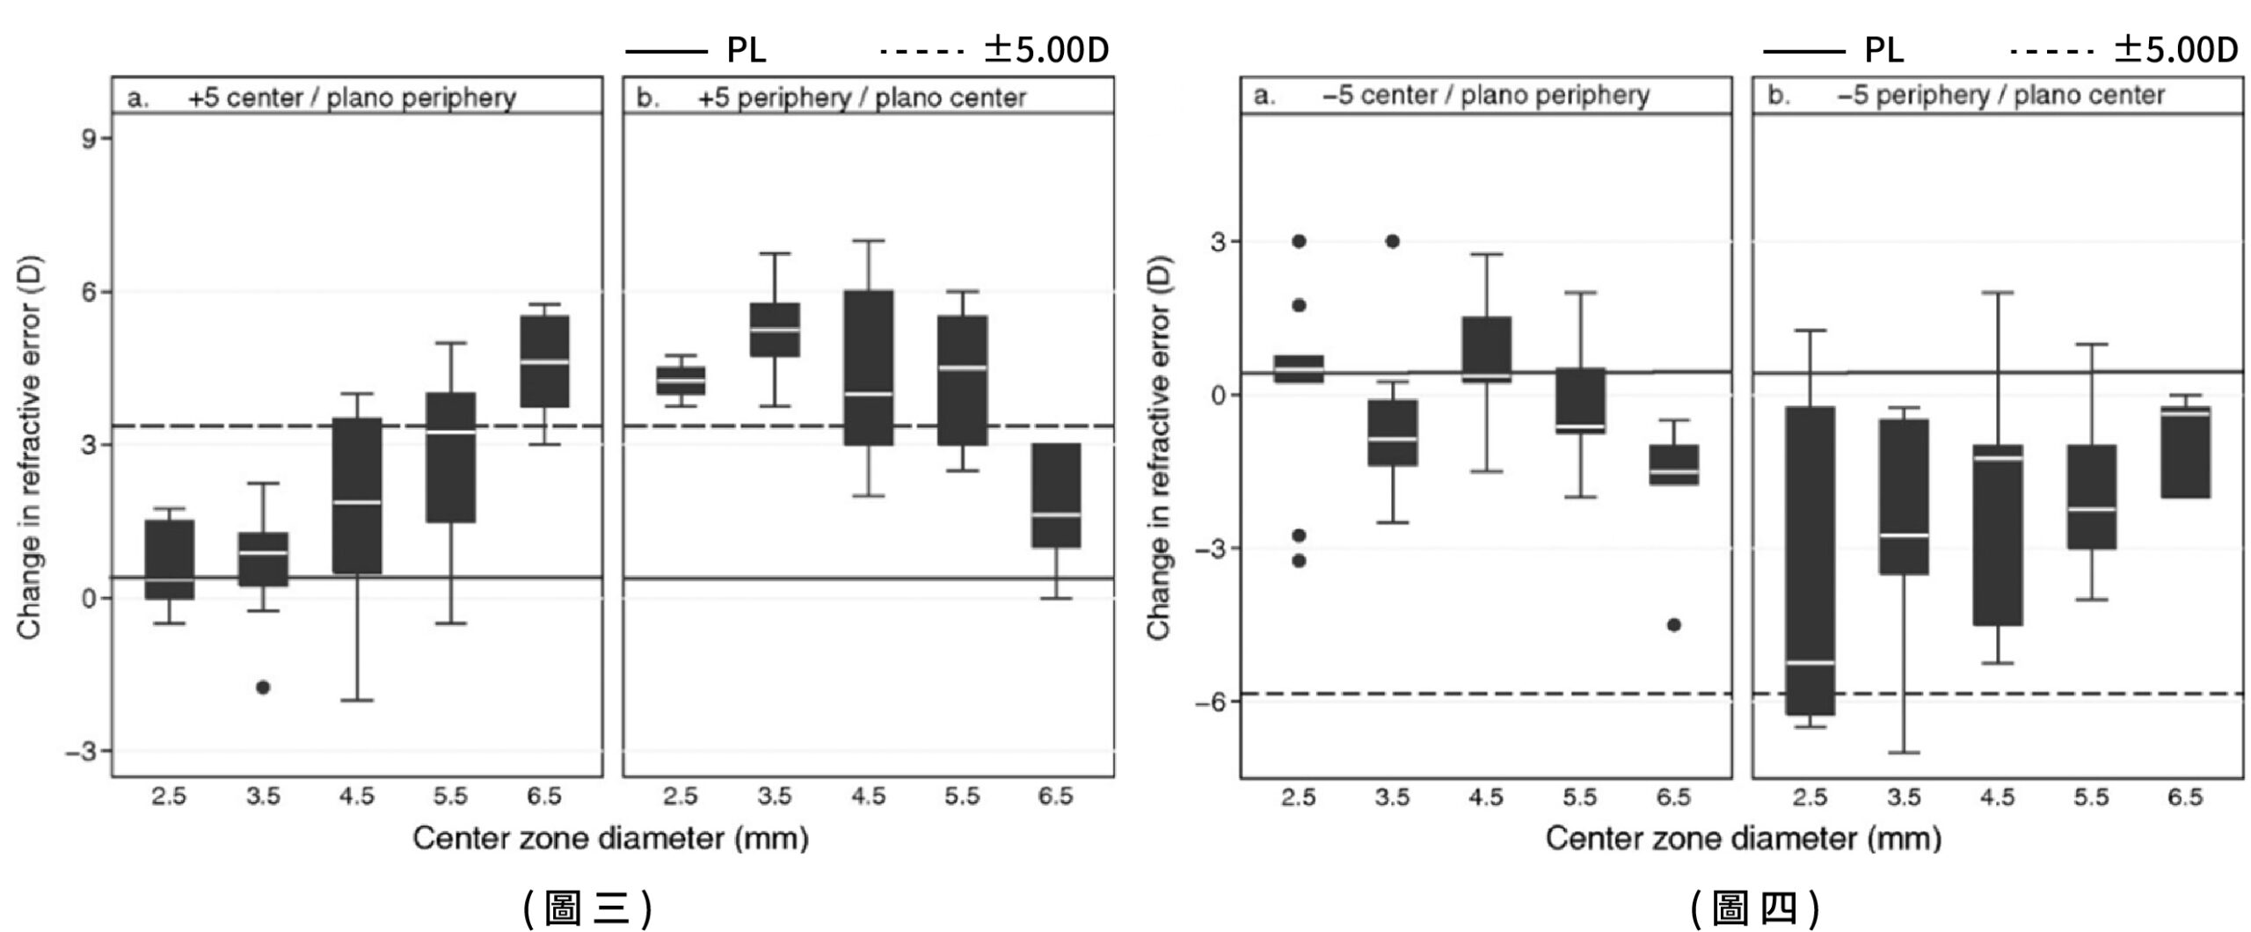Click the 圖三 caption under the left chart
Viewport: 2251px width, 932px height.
click(x=587, y=907)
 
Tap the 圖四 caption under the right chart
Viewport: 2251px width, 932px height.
click(x=1755, y=907)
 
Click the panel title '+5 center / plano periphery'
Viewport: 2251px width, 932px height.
click(x=352, y=97)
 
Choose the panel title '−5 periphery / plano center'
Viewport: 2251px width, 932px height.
click(x=2000, y=95)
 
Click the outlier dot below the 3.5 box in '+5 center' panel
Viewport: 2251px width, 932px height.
click(x=262, y=687)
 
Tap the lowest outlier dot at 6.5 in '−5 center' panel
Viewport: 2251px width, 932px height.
click(x=1674, y=624)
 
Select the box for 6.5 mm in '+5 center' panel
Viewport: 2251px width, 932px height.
click(x=544, y=361)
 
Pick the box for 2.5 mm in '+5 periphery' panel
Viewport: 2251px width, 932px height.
click(x=681, y=381)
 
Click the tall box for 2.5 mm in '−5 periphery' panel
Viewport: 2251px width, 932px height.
click(x=1810, y=560)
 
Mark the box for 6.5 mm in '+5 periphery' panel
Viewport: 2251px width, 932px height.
click(x=1056, y=496)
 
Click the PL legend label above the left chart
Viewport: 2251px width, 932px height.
click(x=746, y=50)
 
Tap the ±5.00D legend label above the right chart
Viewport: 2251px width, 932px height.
click(x=2175, y=50)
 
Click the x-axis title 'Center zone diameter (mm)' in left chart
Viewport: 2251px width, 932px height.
click(x=610, y=838)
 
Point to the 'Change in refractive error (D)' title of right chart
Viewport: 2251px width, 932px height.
click(x=1159, y=448)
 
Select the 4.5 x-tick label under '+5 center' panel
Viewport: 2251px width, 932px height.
click(x=356, y=797)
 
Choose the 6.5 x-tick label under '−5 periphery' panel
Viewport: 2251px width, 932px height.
click(x=2185, y=797)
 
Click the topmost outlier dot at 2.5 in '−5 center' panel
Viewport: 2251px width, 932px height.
click(x=1299, y=241)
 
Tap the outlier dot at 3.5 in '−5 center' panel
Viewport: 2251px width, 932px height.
click(x=1393, y=241)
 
